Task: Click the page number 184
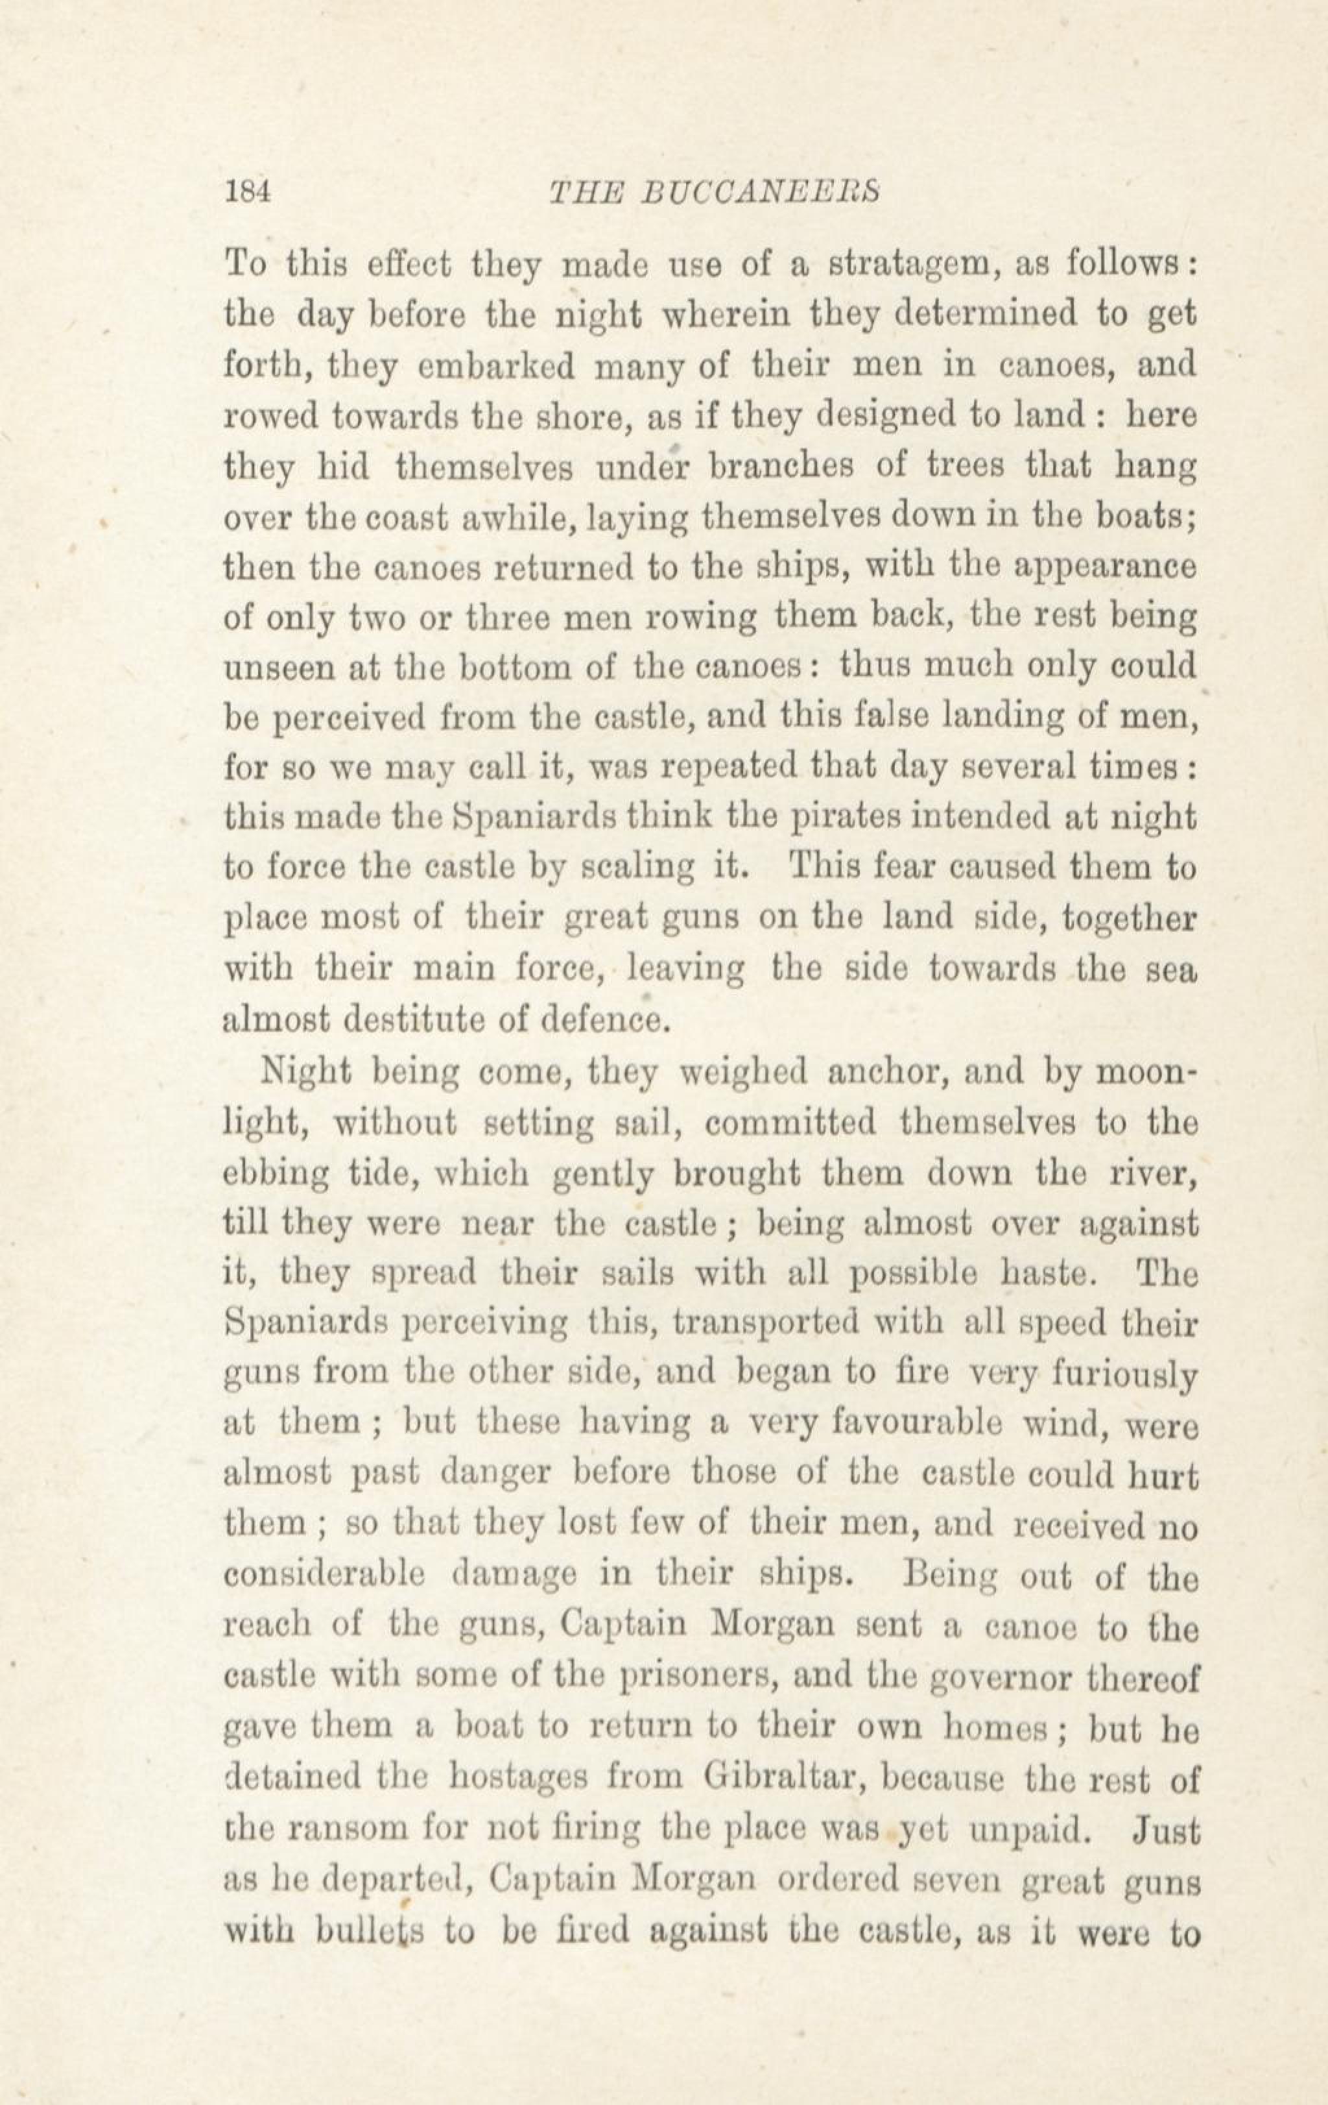(249, 191)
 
